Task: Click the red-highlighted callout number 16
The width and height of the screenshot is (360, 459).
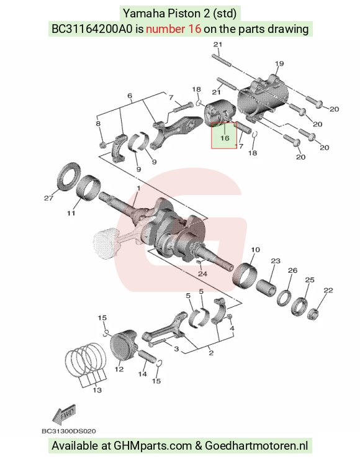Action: (x=225, y=138)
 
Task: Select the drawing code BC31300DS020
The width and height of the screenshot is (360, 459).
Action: (x=69, y=431)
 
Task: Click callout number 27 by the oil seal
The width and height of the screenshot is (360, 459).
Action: (x=48, y=198)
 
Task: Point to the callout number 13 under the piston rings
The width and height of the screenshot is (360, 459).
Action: (x=97, y=390)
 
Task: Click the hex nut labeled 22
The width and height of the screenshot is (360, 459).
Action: (x=314, y=314)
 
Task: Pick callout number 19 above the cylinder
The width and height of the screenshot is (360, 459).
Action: (x=279, y=63)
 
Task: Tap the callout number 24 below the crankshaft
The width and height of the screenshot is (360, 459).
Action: (x=203, y=274)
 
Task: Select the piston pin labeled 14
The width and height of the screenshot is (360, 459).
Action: (x=148, y=357)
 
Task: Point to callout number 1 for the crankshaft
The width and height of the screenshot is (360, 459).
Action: (x=138, y=189)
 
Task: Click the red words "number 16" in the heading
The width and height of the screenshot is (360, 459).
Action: (x=173, y=29)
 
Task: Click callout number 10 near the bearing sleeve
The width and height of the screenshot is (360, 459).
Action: (x=255, y=250)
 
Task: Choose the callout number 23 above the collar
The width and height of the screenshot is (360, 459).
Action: (x=276, y=260)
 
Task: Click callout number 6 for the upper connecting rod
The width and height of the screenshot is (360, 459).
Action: (x=130, y=96)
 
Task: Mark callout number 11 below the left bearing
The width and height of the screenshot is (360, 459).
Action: (x=71, y=213)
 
